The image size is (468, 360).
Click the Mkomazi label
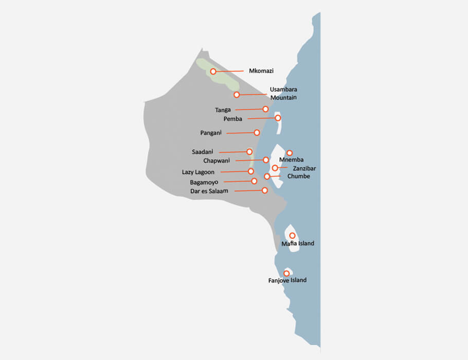click(x=261, y=71)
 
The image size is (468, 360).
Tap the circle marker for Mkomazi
click(x=213, y=71)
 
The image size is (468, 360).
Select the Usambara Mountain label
click(x=283, y=93)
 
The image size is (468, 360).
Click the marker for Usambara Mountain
click(x=237, y=95)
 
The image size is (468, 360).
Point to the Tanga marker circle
click(x=265, y=109)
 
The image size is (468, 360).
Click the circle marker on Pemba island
click(x=278, y=118)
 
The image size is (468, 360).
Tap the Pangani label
click(x=211, y=133)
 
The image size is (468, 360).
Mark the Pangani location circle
click(x=257, y=132)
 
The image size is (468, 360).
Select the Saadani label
click(x=202, y=152)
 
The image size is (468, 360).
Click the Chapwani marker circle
click(x=266, y=160)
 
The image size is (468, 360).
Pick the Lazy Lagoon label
click(x=198, y=172)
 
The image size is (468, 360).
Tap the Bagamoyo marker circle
click(x=254, y=181)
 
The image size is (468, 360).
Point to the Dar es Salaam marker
click(x=265, y=190)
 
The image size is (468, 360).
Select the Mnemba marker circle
click(x=290, y=153)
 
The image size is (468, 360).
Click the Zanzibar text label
click(x=304, y=168)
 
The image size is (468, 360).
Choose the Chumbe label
click(x=298, y=176)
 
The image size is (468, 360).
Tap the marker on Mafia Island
click(x=292, y=236)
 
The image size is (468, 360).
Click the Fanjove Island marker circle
click(x=286, y=273)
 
